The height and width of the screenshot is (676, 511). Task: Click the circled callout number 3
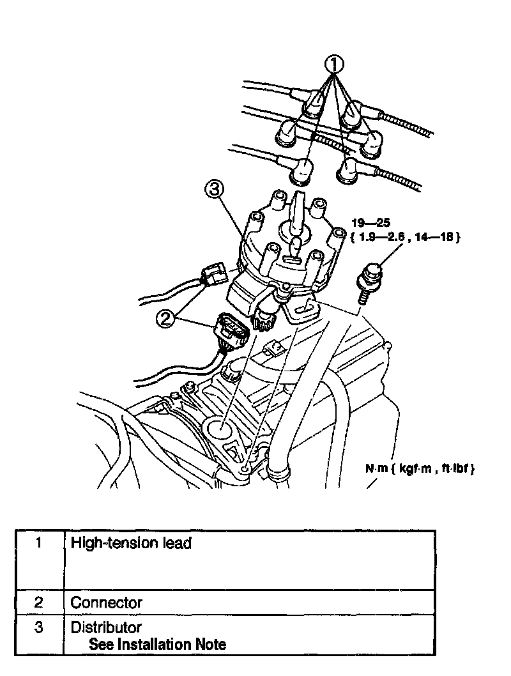[x=215, y=188]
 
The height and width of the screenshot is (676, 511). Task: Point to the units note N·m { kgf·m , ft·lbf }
[x=420, y=468]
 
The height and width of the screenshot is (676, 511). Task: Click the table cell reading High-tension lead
[x=131, y=544]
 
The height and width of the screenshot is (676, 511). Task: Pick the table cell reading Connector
[x=107, y=603]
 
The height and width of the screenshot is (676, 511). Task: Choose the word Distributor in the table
[x=106, y=627]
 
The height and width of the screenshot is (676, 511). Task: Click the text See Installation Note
[x=157, y=644]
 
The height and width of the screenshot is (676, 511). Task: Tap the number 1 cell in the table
[x=39, y=544]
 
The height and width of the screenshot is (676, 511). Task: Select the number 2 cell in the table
[x=39, y=603]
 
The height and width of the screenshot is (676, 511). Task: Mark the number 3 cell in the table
[x=39, y=627]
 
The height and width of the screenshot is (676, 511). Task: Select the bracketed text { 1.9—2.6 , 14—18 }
[x=406, y=236]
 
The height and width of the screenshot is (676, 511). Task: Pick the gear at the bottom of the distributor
[x=263, y=320]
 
